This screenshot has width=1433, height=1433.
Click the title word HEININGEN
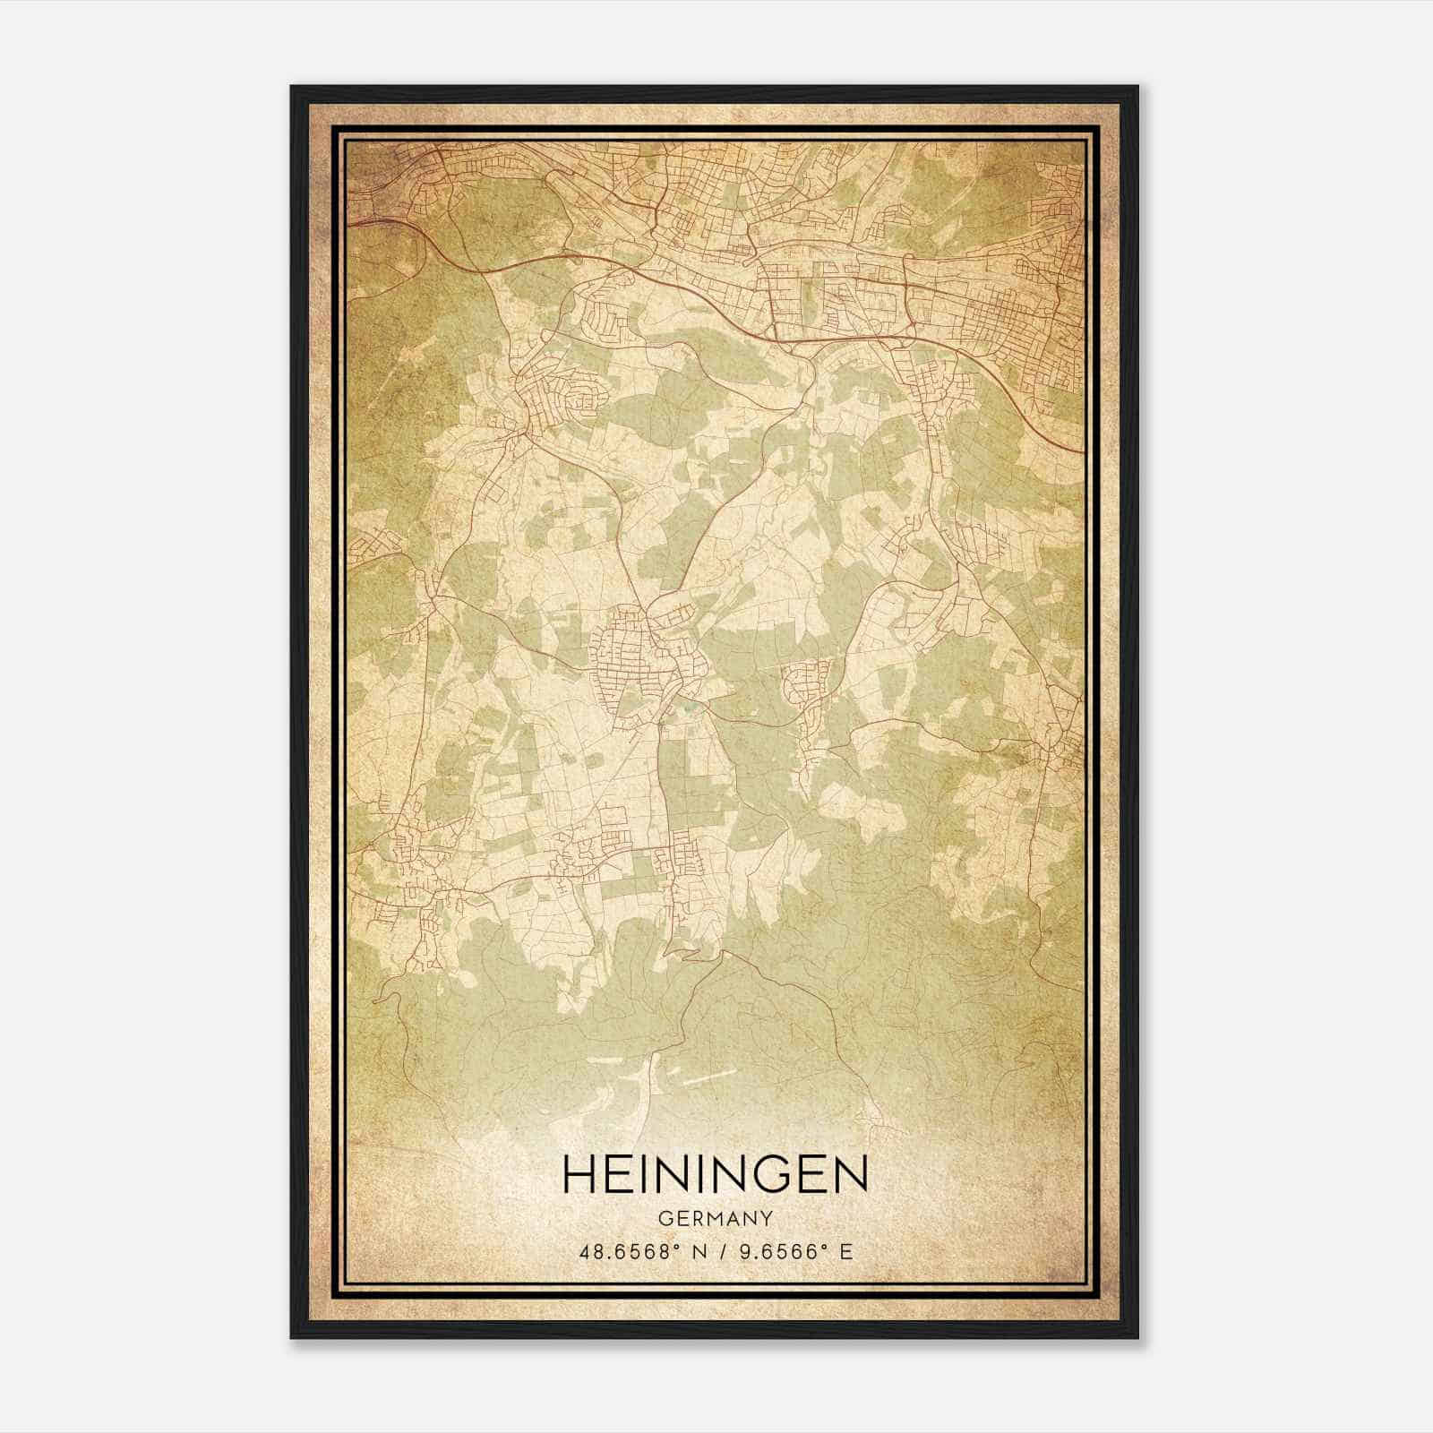tap(715, 1174)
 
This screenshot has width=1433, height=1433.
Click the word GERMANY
tap(715, 1218)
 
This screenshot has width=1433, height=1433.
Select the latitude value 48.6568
tap(617, 1251)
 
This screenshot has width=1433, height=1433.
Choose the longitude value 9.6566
tap(769, 1251)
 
